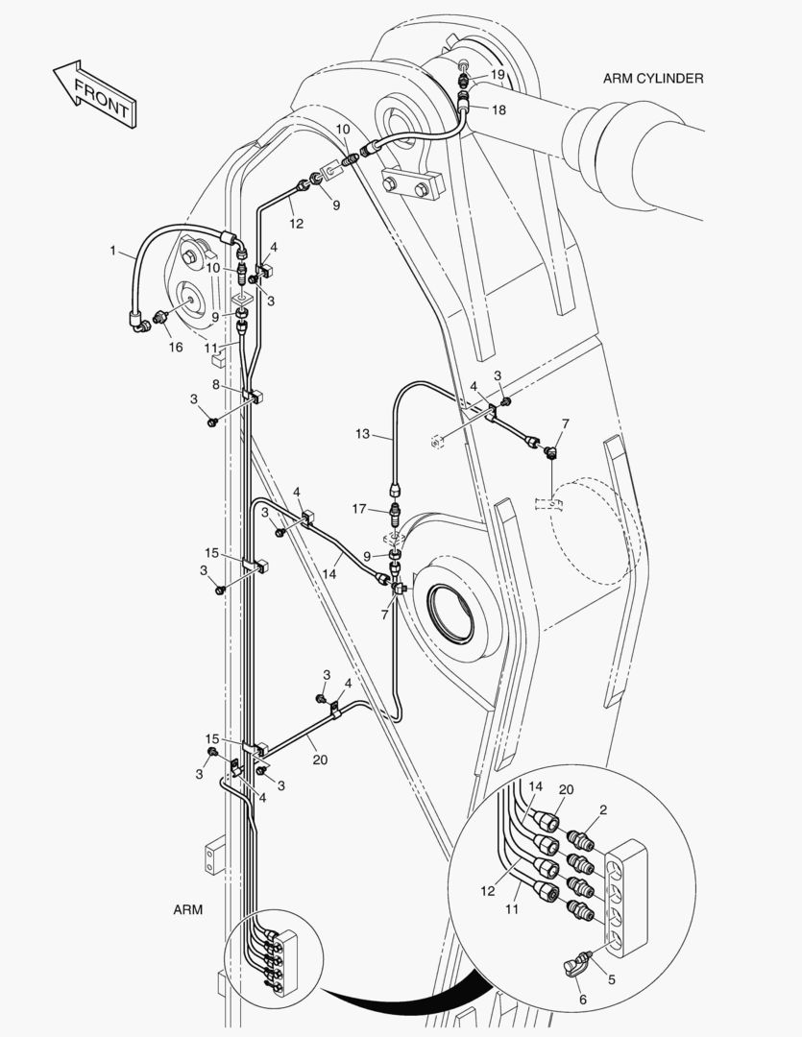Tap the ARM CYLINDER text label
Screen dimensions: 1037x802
pyautogui.click(x=653, y=79)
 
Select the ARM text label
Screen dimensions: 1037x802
pyautogui.click(x=188, y=909)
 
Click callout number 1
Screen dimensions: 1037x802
pyautogui.click(x=113, y=252)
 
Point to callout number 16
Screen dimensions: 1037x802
pyautogui.click(x=176, y=347)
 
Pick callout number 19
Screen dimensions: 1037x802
pyautogui.click(x=498, y=74)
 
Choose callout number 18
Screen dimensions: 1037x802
pyautogui.click(x=498, y=109)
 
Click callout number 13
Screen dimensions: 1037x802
pyautogui.click(x=362, y=434)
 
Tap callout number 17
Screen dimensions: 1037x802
pyautogui.click(x=359, y=508)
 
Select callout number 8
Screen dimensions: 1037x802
pyautogui.click(x=217, y=384)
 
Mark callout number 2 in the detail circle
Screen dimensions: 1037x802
pyautogui.click(x=602, y=810)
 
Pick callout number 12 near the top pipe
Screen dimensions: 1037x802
pyautogui.click(x=297, y=223)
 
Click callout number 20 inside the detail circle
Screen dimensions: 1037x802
pyautogui.click(x=566, y=789)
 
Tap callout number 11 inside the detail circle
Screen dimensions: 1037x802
pyautogui.click(x=511, y=907)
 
